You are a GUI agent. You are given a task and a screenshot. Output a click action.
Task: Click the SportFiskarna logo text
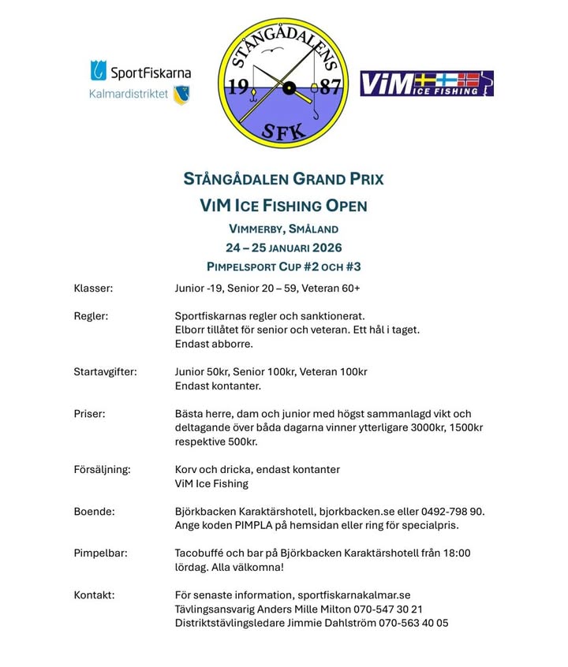[x=150, y=73]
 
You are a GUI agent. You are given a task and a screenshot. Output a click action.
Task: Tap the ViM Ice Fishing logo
[x=426, y=84]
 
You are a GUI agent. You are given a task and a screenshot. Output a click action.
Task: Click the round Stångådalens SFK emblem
[x=282, y=84]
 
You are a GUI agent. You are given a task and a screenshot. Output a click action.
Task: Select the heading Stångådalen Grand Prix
[x=283, y=179]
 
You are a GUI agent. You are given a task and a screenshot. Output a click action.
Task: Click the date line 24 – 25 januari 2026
[x=283, y=248]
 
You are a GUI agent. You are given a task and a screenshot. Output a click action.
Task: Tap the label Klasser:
[x=93, y=289]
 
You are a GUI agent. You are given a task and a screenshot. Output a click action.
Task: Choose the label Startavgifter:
[x=105, y=371]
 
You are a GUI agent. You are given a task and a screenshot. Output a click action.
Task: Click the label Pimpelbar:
[x=100, y=553]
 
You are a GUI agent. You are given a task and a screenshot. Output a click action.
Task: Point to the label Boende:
[x=94, y=511]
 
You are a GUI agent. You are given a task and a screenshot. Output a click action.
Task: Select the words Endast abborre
[x=213, y=344]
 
